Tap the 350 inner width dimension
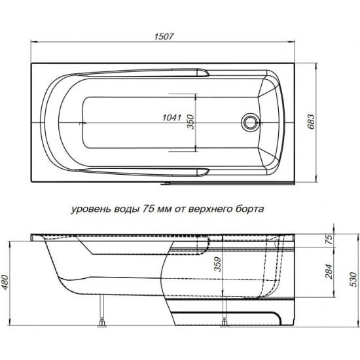point(190,122)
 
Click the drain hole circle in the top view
point(249,122)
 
